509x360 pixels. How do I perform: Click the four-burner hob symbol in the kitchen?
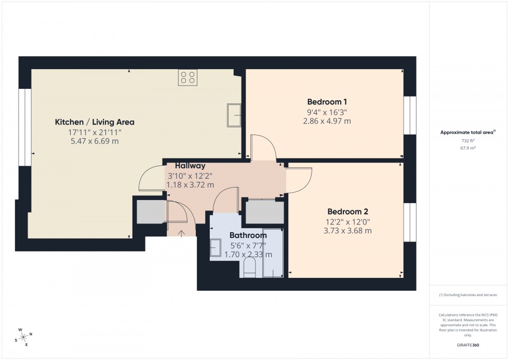click(x=187, y=77)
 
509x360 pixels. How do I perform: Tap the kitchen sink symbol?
click(x=234, y=115)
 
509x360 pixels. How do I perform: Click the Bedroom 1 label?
click(x=327, y=102)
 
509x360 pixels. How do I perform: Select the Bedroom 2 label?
click(x=347, y=211)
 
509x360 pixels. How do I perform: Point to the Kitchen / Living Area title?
click(x=95, y=122)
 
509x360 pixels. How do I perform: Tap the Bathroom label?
click(x=248, y=235)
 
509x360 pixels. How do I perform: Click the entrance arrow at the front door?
click(x=181, y=233)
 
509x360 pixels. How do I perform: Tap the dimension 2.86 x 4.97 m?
click(x=327, y=121)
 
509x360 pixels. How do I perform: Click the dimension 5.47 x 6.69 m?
click(x=95, y=141)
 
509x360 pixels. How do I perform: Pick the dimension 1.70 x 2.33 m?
click(x=248, y=255)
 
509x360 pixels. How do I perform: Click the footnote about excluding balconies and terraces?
click(x=468, y=295)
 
